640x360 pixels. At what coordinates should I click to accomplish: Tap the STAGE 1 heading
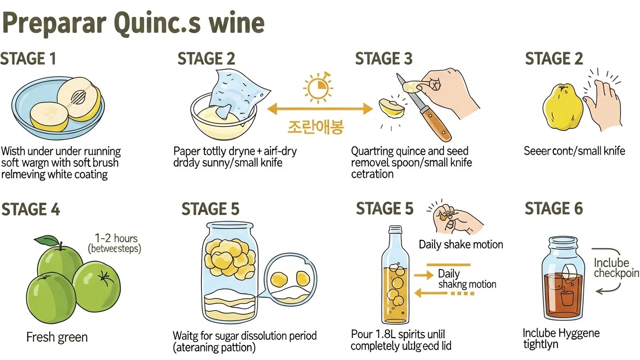(x=28, y=59)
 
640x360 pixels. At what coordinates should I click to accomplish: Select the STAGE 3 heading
(x=384, y=59)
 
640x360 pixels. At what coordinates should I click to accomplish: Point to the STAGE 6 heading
(x=554, y=209)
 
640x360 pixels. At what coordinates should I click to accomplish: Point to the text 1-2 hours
(x=116, y=238)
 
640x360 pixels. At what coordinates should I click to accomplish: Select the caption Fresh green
(x=57, y=337)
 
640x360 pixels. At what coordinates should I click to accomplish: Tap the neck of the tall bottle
(x=395, y=239)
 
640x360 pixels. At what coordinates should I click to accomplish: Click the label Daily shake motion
(x=460, y=244)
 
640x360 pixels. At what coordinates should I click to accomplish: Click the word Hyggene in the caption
(x=579, y=333)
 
